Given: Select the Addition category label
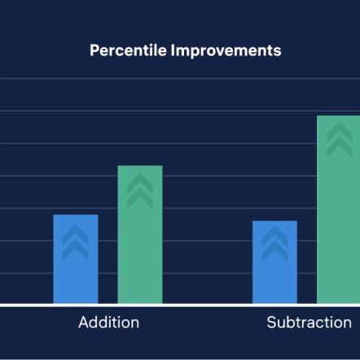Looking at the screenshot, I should tap(108, 323).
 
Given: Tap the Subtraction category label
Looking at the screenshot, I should tap(309, 323).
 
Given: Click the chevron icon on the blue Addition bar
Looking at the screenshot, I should tap(76, 242).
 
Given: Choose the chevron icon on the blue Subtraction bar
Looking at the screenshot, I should tap(274, 245).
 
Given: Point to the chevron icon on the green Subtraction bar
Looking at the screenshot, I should tap(338, 140).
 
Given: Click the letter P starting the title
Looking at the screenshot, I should tap(94, 50).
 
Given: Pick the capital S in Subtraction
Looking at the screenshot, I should tap(272, 323).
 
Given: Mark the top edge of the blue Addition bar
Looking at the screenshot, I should tap(76, 216).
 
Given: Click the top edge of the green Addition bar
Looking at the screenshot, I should tap(140, 166).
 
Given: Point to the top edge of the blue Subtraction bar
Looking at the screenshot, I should tap(274, 222).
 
